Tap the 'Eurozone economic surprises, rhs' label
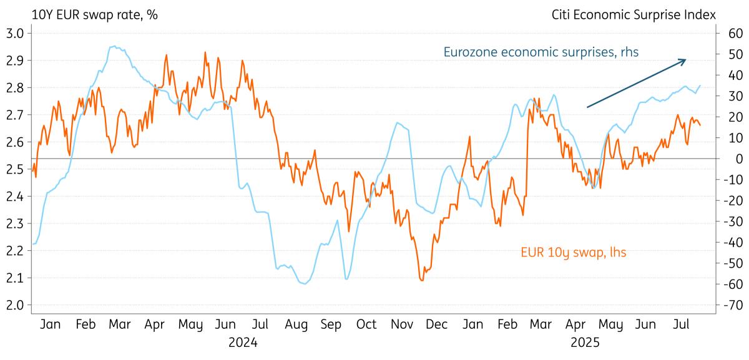541,52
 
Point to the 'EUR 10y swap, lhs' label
573,252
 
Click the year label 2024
242,343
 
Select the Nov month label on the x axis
401,324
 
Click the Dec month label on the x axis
437,324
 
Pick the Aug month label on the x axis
296,324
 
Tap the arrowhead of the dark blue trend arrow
685,61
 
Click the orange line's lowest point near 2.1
422,280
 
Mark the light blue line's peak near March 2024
113,46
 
